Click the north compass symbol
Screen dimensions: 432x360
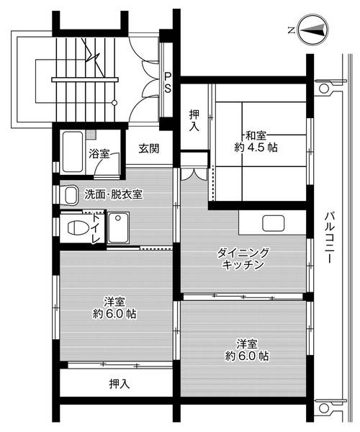pos(314,30)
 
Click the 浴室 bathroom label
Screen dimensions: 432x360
pos(99,153)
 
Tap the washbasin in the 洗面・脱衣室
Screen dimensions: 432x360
pos(71,194)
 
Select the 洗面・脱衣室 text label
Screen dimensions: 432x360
pos(113,194)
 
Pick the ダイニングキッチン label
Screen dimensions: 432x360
pos(243,258)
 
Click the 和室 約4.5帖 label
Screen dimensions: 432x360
pos(256,140)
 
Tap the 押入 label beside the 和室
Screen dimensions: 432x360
pos(194,120)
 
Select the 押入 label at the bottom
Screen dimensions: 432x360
pos(120,384)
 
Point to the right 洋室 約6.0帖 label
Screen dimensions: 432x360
pos(246,349)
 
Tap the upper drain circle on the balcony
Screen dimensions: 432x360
pos(324,89)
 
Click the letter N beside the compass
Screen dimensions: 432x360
pos(289,30)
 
